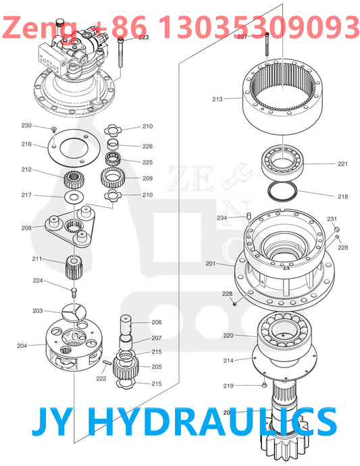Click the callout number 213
click(x=217, y=99)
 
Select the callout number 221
click(x=342, y=164)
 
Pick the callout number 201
click(x=210, y=263)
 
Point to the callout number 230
click(x=26, y=126)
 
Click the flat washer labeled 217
click(x=72, y=197)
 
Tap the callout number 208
click(x=26, y=228)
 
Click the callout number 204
click(x=22, y=345)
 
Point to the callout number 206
click(x=156, y=323)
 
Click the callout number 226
click(x=147, y=147)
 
